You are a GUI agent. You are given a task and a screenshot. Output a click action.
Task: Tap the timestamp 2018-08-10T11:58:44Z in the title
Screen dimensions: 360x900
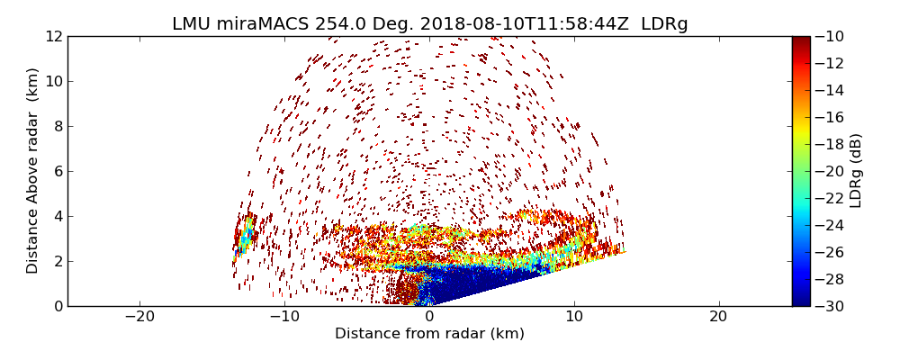pos(517,24)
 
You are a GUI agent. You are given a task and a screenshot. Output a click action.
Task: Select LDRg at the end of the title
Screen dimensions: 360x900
pos(664,24)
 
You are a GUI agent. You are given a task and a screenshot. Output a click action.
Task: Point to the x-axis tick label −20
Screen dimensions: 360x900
pos(139,318)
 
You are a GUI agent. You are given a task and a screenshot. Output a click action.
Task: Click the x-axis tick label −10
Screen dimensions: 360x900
pos(284,318)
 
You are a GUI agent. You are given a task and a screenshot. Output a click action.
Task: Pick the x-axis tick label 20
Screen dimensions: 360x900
pos(718,318)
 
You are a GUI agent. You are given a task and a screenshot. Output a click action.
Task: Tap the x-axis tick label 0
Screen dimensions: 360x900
pos(429,318)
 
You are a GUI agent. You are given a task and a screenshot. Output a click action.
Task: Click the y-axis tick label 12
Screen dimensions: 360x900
pos(54,37)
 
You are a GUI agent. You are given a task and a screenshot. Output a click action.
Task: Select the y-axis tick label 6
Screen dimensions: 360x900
pos(58,171)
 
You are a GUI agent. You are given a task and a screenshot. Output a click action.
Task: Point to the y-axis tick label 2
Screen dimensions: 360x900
pos(58,261)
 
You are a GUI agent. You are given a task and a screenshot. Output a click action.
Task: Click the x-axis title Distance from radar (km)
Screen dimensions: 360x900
pos(429,334)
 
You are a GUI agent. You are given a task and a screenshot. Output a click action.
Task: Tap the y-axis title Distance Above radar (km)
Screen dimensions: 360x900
pos(33,170)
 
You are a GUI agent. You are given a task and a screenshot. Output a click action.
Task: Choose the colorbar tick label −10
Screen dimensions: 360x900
pos(831,37)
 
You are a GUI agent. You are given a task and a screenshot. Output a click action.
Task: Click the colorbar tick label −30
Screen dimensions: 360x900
pos(831,306)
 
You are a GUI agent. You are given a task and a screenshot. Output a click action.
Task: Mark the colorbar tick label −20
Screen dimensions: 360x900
pos(831,171)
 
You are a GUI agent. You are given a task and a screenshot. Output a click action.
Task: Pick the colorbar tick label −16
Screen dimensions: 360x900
pos(831,117)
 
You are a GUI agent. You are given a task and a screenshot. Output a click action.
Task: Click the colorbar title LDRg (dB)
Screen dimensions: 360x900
pos(856,170)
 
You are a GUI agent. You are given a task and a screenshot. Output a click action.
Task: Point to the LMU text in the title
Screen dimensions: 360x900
pos(190,24)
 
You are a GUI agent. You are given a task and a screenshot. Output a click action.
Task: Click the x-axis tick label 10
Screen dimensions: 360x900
pos(574,318)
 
